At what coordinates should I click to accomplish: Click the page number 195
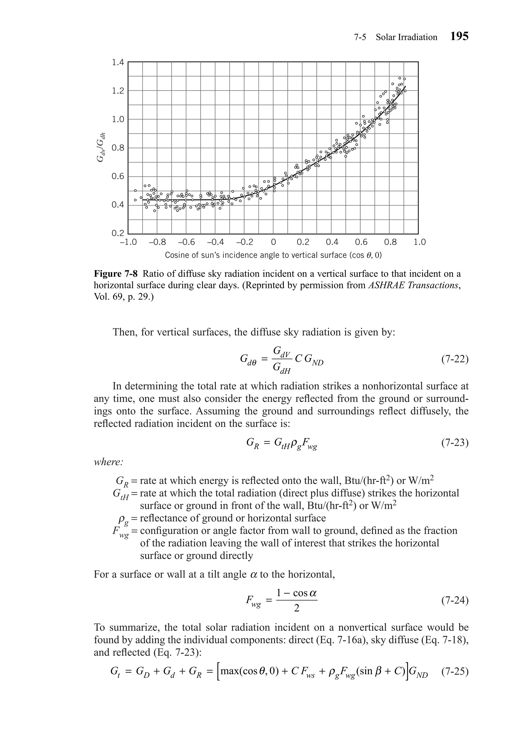pyautogui.click(x=459, y=36)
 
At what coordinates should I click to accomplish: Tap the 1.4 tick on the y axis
pyautogui.click(x=118, y=62)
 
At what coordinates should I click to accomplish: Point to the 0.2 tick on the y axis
pyautogui.click(x=118, y=233)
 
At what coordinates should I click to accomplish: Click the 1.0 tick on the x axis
pyautogui.click(x=419, y=242)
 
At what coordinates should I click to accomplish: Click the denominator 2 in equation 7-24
pyautogui.click(x=296, y=609)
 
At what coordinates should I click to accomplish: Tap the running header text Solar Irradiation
pyautogui.click(x=406, y=37)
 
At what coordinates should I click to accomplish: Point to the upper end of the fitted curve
pyautogui.click(x=406, y=87)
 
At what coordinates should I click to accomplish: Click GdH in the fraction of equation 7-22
pyautogui.click(x=282, y=369)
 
